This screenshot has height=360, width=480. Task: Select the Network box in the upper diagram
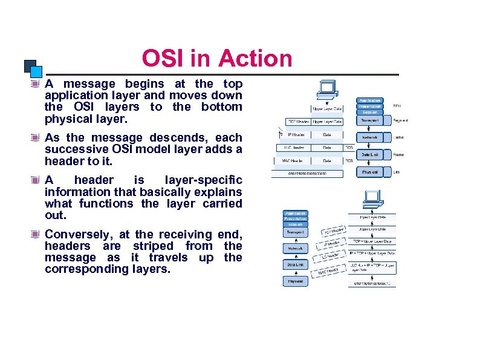point(369,137)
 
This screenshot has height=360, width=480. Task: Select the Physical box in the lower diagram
point(295,281)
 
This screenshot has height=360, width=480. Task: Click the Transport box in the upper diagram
point(369,120)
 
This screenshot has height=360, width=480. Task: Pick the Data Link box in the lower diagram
point(295,264)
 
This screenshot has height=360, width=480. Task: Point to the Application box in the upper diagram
point(369,100)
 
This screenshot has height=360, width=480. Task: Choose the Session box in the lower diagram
point(295,224)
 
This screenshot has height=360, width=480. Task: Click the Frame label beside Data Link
point(398,155)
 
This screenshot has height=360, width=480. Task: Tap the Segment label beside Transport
point(400,120)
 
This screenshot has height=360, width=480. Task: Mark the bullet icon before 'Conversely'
point(37,234)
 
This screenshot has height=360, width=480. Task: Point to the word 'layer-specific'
point(203,180)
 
